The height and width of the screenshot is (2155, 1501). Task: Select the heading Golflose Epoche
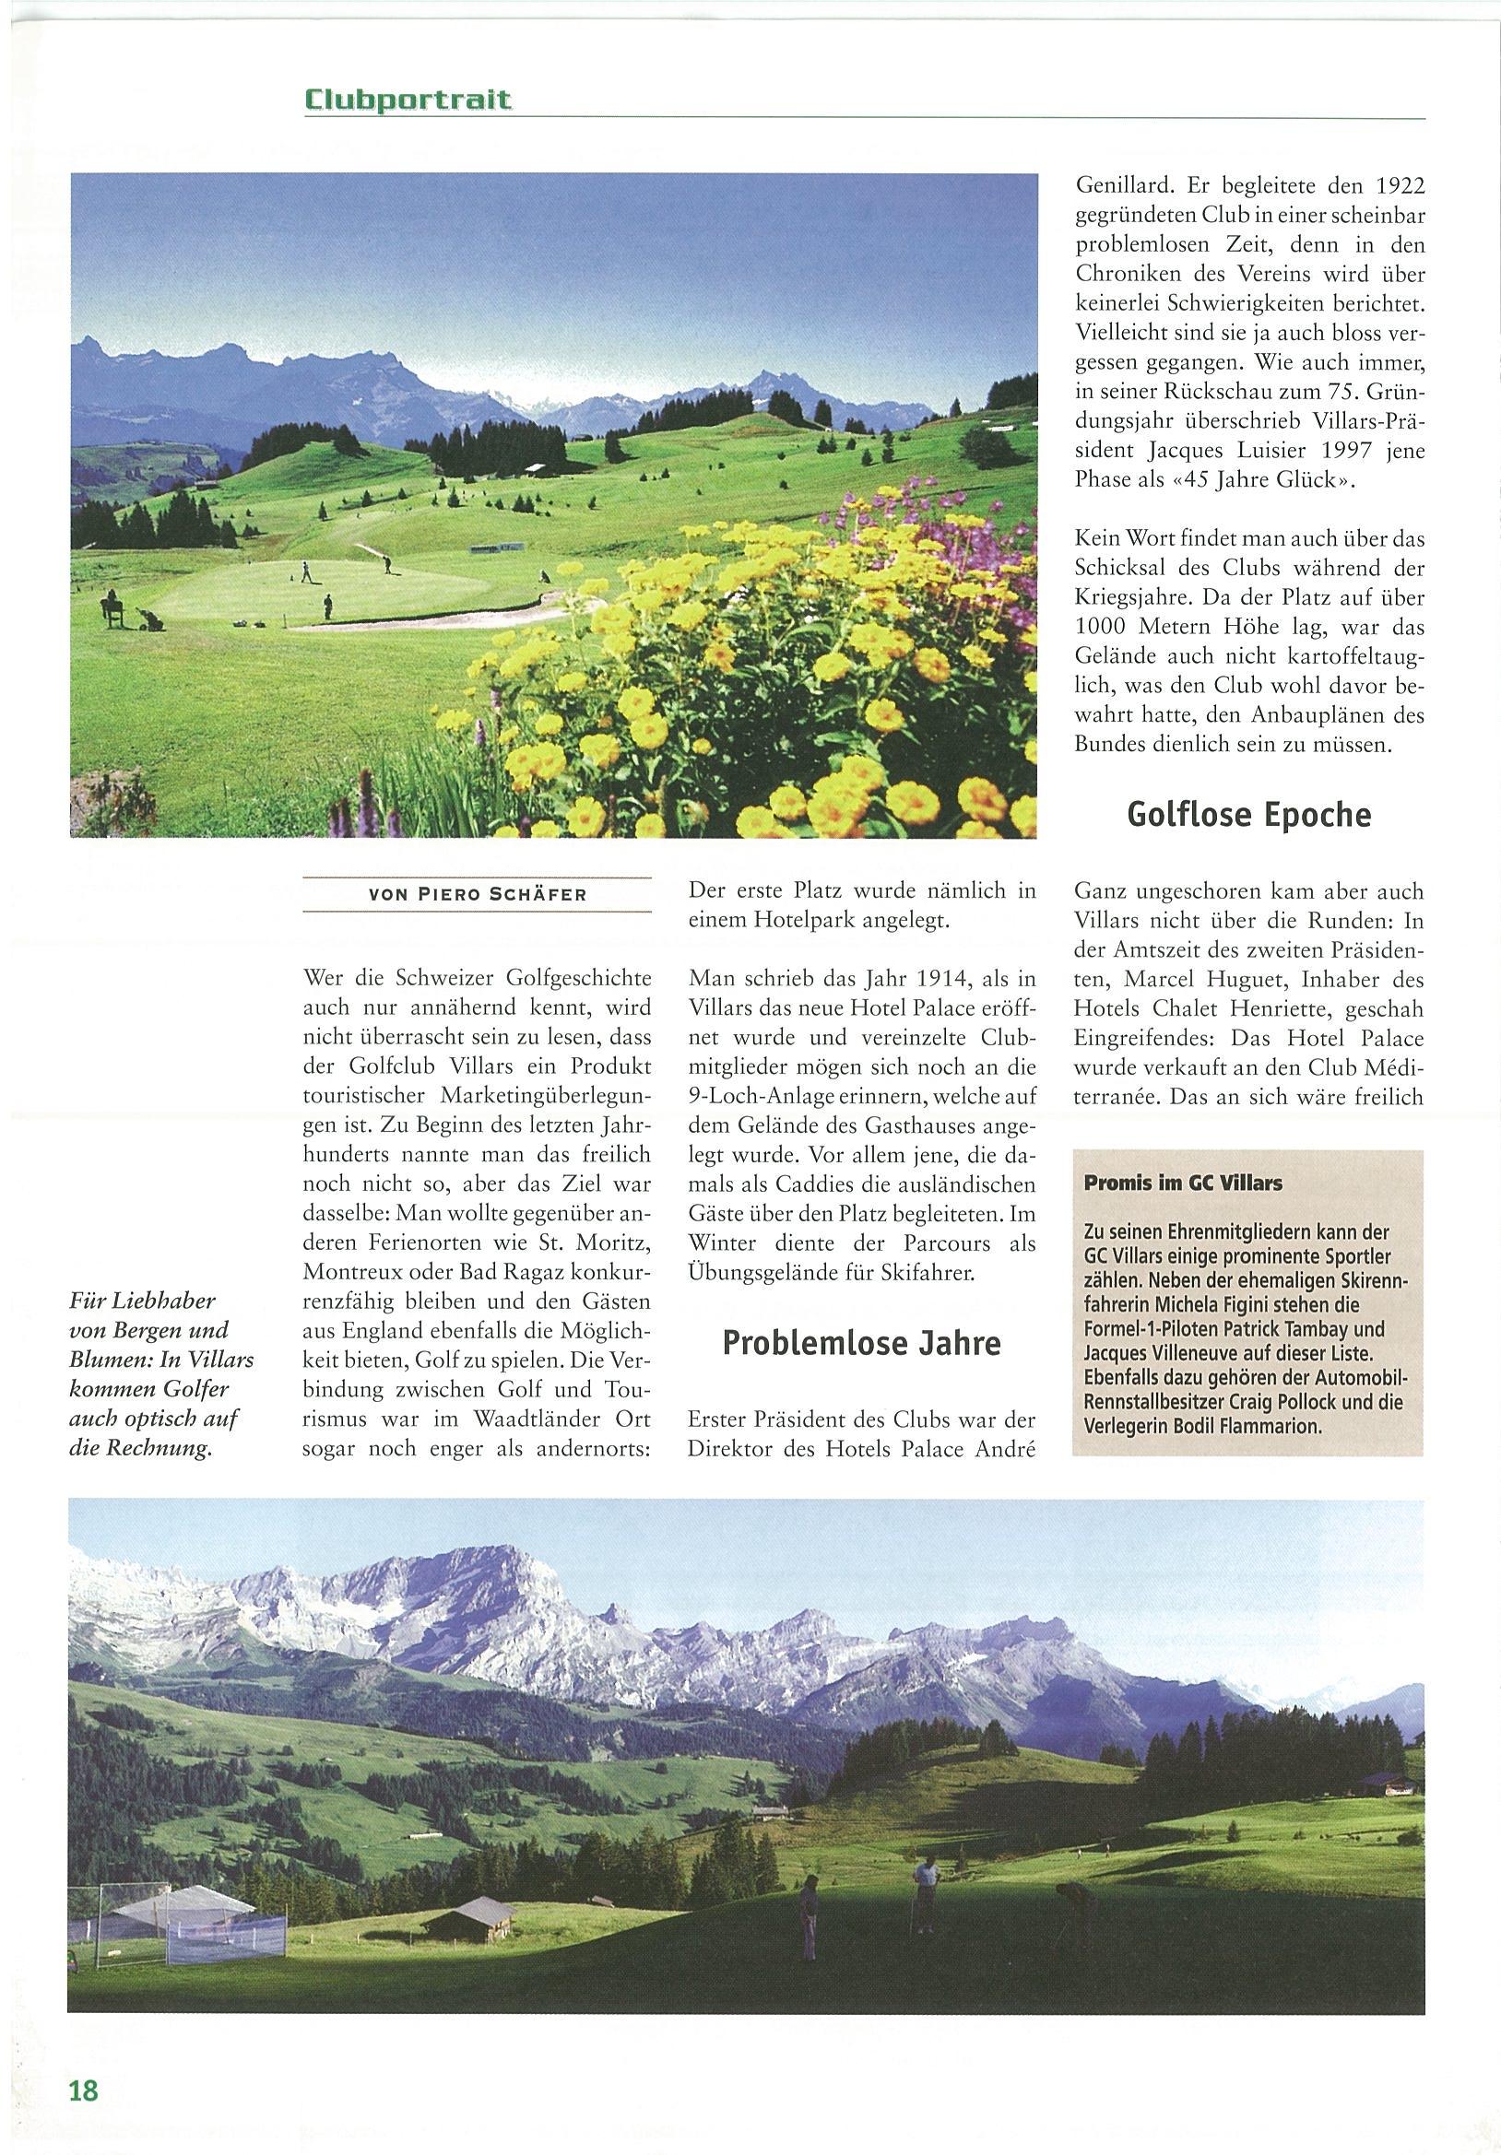point(1248,814)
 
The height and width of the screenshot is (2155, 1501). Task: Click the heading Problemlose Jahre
point(861,1343)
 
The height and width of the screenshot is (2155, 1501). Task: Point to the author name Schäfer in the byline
point(539,894)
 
